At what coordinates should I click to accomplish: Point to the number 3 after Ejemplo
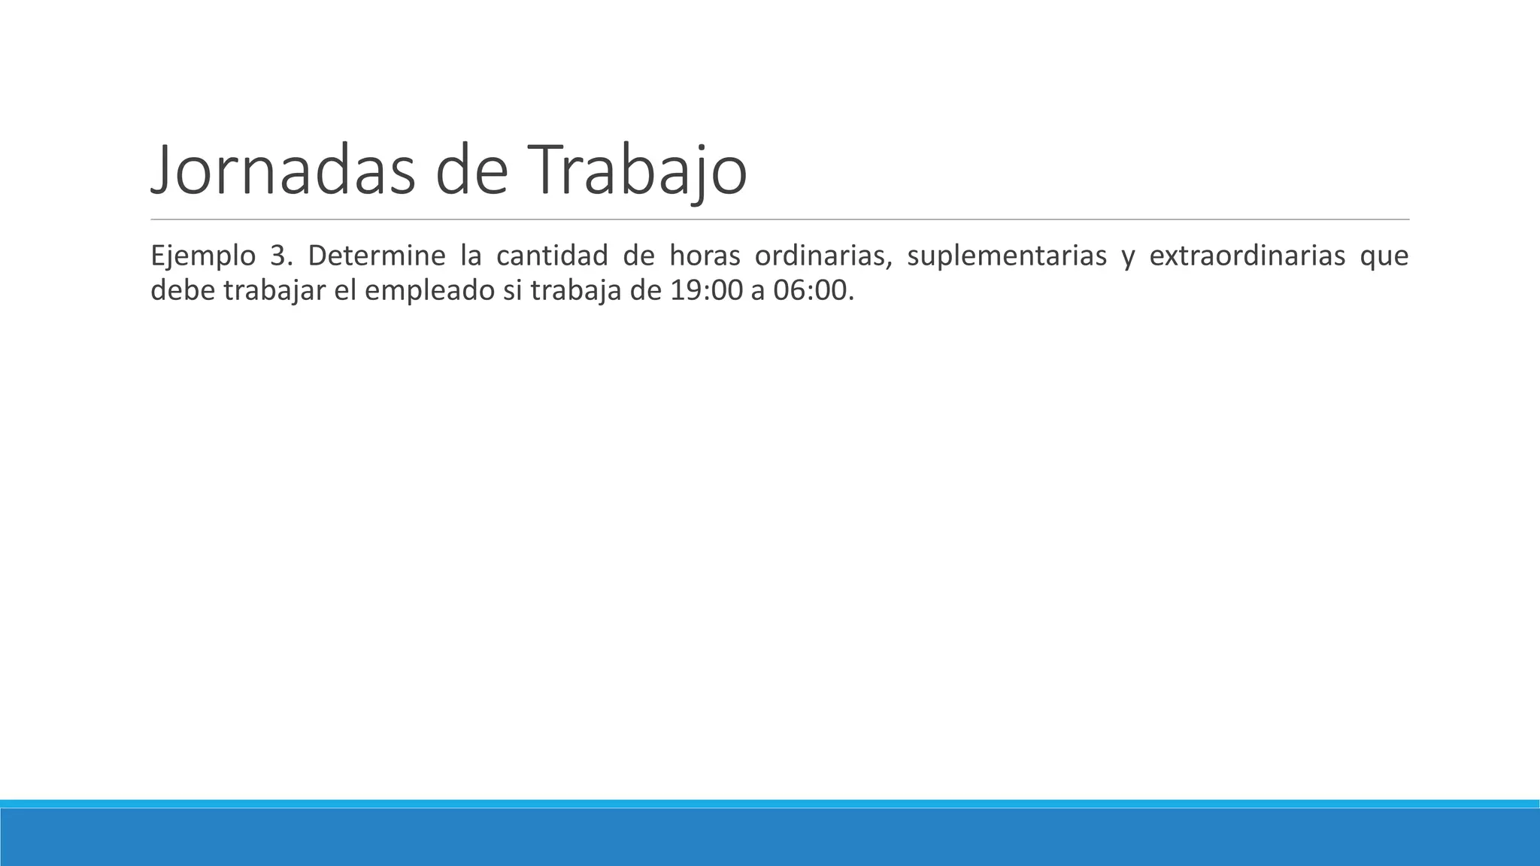point(278,256)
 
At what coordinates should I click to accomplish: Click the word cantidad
point(552,256)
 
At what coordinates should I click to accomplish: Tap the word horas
point(701,256)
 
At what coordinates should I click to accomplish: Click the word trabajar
point(274,291)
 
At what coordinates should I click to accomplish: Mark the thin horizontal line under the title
point(780,220)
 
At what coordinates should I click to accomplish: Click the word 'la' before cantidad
point(471,256)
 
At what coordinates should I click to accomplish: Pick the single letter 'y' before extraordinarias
point(1128,259)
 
